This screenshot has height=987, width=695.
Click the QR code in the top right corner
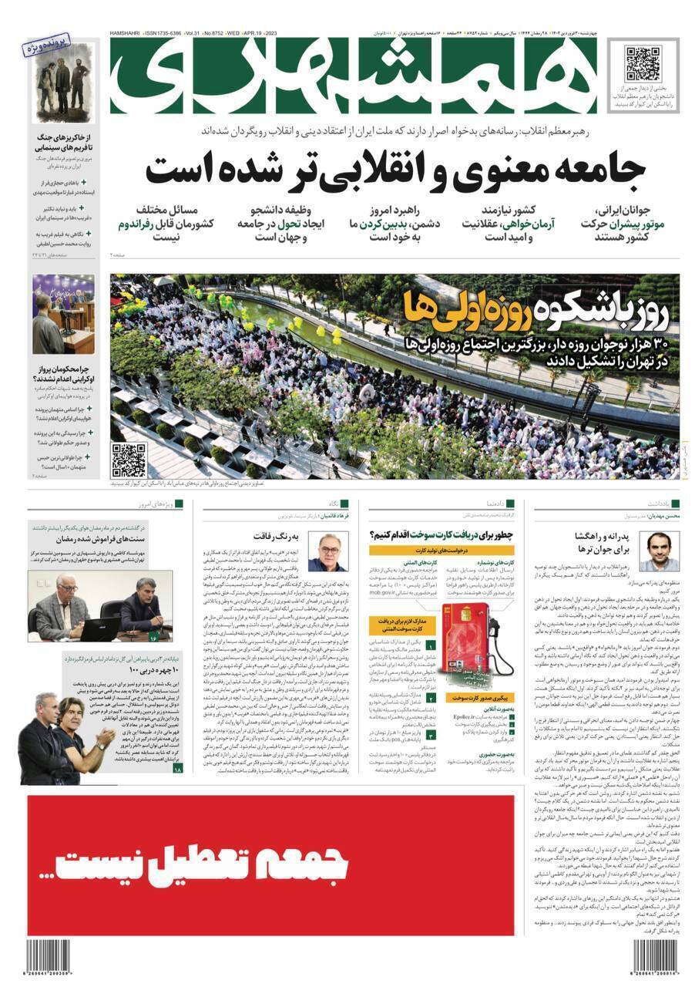click(x=642, y=63)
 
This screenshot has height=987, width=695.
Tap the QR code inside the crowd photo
click(x=128, y=460)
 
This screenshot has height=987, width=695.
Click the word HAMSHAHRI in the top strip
click(x=129, y=35)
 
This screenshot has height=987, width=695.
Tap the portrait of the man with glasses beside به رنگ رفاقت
click(x=327, y=551)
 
